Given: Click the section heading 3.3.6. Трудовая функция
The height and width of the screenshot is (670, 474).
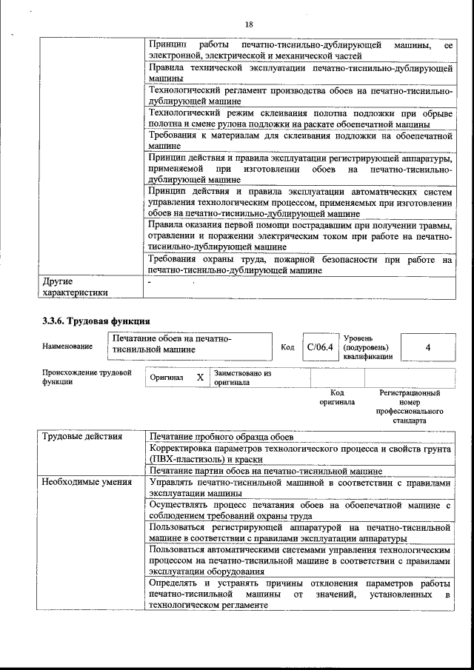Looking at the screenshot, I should click(96, 321).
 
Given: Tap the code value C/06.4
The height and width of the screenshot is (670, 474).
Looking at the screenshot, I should click(321, 346).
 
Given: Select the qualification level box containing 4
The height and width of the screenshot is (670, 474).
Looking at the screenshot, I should click(427, 346).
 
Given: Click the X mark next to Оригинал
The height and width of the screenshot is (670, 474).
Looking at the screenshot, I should click(200, 377).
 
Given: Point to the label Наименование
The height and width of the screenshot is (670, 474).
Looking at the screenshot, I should click(67, 346).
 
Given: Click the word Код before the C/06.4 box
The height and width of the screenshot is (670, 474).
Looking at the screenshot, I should click(287, 346).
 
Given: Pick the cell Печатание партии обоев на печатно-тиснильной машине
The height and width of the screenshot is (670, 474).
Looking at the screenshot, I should click(265, 470).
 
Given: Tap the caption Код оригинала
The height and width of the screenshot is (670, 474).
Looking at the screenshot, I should click(337, 398).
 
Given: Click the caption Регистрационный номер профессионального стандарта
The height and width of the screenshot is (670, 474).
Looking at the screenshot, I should click(410, 406).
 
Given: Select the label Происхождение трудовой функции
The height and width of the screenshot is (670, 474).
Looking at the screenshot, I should click(81, 378).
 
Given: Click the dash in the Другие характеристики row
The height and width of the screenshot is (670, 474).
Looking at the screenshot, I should click(150, 281).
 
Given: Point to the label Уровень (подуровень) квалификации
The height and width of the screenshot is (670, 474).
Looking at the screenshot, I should click(368, 346).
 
